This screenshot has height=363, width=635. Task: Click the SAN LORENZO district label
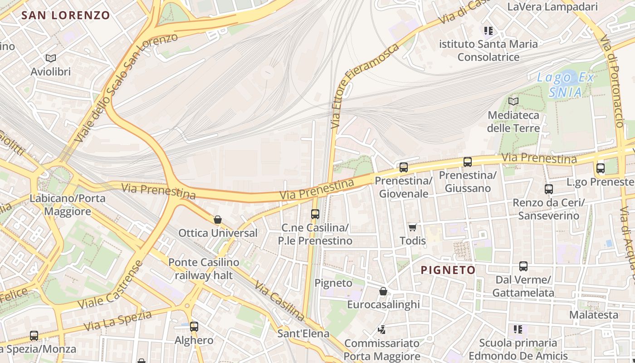tap(66, 15)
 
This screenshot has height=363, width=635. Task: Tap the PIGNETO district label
tap(448, 270)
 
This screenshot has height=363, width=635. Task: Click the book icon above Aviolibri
tap(51, 58)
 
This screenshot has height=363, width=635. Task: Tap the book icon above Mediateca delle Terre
tap(513, 101)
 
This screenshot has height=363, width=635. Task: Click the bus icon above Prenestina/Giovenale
tap(404, 167)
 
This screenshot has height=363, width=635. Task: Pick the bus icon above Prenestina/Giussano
tap(468, 162)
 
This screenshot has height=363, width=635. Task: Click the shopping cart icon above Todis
tap(412, 227)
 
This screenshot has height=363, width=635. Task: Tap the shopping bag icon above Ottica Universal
tap(218, 220)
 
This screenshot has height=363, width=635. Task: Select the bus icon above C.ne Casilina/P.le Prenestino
tap(315, 214)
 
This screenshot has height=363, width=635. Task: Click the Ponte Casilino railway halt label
tap(204, 269)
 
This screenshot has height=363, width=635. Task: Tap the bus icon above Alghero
tap(194, 326)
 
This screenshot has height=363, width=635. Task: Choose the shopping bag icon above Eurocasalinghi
tap(383, 291)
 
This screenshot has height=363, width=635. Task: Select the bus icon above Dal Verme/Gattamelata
tap(523, 266)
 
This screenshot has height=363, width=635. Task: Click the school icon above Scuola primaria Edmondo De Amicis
tap(518, 329)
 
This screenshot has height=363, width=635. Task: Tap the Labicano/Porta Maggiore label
tap(67, 205)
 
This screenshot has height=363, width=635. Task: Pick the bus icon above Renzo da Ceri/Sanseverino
tap(549, 189)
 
